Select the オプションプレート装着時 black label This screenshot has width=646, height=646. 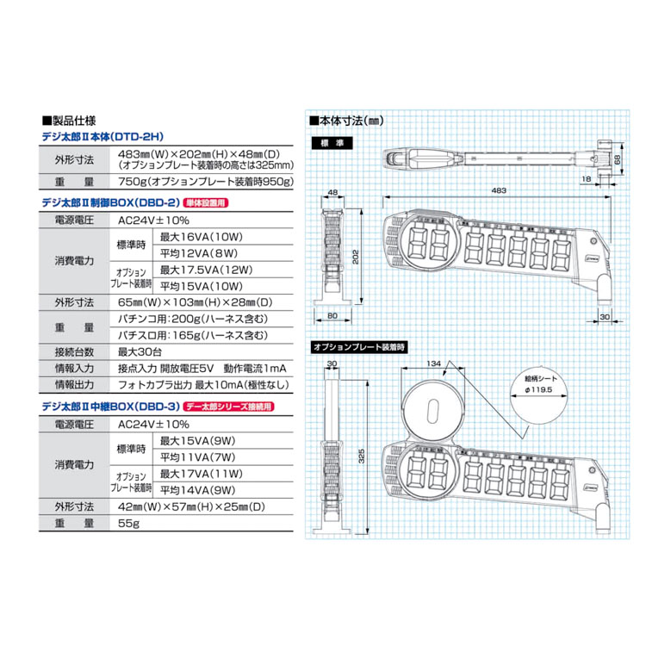point(361,345)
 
